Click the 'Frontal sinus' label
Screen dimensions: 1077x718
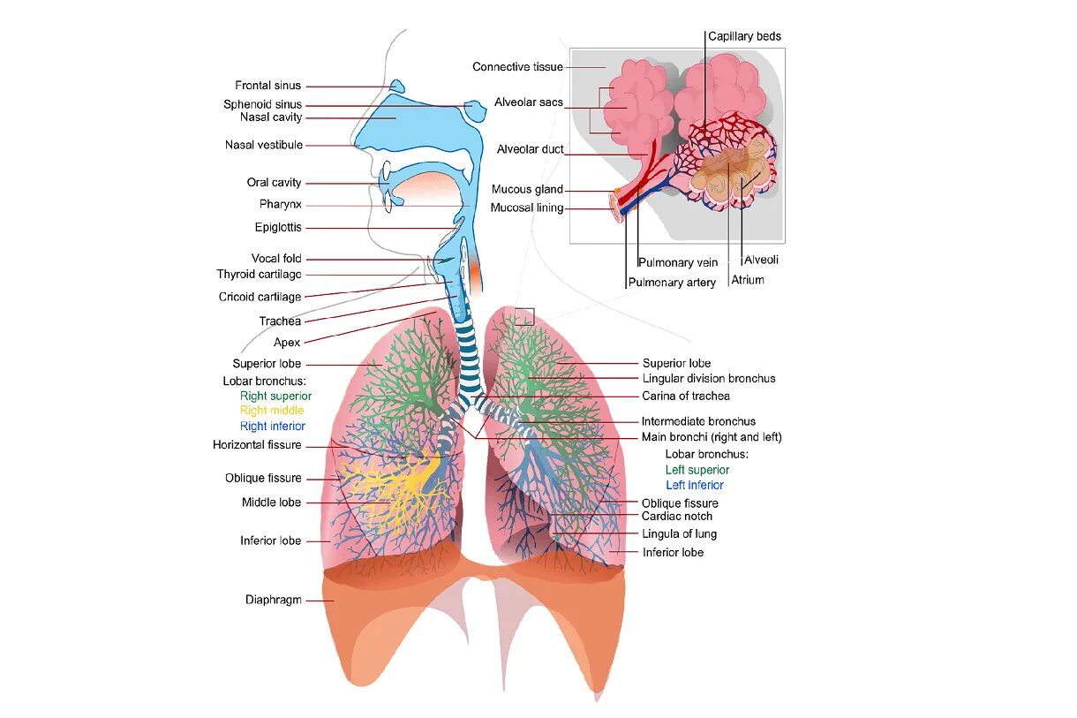[x=267, y=86]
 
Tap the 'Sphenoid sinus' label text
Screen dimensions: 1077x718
[x=262, y=104]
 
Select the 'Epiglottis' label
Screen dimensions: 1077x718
[x=278, y=227]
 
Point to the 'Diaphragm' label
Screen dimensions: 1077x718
[x=273, y=600]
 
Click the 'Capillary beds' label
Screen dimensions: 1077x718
[x=744, y=36]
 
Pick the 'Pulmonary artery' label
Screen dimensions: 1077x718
[x=672, y=283]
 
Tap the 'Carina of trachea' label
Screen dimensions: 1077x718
[x=685, y=396]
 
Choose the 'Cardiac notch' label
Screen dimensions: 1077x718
[x=676, y=516]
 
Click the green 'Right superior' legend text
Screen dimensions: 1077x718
[x=275, y=396]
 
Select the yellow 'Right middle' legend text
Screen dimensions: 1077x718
[x=271, y=411]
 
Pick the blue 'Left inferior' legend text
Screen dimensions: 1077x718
[x=694, y=485]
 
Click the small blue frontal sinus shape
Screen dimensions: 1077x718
[x=396, y=87]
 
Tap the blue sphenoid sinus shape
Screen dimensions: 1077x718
[x=475, y=110]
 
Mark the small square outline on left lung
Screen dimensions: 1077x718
[x=524, y=316]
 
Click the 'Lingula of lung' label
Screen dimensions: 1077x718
[x=679, y=533]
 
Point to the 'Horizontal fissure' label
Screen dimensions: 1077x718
[x=257, y=445]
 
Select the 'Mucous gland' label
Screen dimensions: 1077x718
[x=526, y=189]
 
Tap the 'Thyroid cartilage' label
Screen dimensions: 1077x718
[x=259, y=275]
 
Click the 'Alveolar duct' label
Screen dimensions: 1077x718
[x=530, y=149]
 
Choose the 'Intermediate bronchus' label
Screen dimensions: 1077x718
[x=698, y=421]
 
